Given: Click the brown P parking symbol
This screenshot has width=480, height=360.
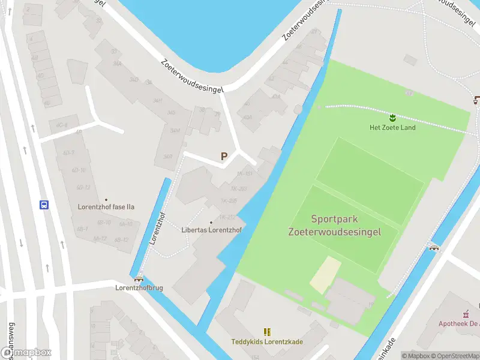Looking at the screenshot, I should [224, 156].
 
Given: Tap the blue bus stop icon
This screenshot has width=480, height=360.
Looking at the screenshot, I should [44, 205].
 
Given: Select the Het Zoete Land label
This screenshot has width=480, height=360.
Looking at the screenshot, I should [392, 127].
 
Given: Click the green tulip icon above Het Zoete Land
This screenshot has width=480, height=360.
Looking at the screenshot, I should [392, 117].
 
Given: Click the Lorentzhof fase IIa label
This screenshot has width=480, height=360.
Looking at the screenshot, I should [106, 207].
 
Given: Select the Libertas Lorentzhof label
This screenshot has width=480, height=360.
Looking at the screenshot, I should [211, 230].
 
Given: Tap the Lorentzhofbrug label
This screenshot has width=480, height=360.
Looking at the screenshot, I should [139, 288].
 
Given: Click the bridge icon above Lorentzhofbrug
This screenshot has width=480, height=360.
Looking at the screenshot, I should [139, 278].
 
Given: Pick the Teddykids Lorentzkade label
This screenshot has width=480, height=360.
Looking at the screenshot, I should [267, 342].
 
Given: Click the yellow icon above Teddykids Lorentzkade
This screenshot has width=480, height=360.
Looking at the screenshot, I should [267, 332].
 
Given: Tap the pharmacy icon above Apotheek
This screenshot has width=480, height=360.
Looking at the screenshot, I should [466, 313].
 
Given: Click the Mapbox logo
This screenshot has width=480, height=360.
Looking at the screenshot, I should [26, 353].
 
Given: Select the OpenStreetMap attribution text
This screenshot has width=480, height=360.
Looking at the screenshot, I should [454, 355].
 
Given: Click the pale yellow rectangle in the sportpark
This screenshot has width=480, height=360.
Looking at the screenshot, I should [325, 275].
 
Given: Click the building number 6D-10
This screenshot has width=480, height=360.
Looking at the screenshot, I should [77, 170].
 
